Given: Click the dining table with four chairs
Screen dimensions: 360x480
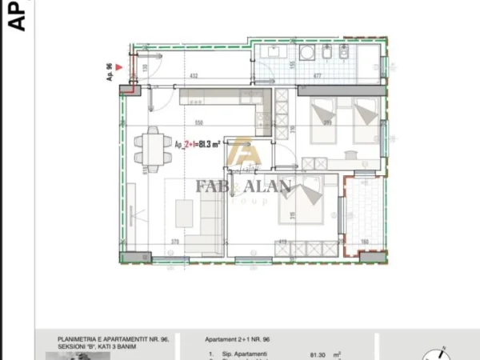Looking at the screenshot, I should point(151,146).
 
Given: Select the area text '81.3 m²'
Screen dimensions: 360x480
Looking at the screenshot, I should point(210,144).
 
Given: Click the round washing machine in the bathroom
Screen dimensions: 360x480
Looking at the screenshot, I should point(308,53).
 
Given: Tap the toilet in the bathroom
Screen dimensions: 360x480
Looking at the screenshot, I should point(339,54).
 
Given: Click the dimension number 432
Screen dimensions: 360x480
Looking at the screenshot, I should point(193,77).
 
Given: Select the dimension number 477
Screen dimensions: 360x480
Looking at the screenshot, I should point(318,77).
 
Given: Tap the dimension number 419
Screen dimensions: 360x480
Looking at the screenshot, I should point(282,241).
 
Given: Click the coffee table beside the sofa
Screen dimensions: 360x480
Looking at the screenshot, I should point(184,213).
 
